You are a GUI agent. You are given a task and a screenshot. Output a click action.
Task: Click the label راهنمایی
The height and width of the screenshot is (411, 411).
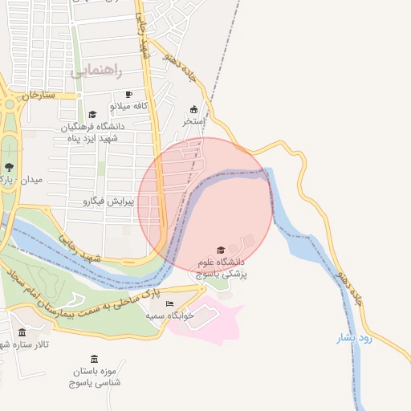pos(96,71)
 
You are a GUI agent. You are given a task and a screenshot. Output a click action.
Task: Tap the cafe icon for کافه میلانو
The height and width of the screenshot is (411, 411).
pos(128,95)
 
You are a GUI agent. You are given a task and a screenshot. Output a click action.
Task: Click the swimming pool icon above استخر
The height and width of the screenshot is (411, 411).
pos(193,109)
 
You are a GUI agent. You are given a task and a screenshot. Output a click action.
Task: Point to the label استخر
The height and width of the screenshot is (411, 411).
pos(193,121)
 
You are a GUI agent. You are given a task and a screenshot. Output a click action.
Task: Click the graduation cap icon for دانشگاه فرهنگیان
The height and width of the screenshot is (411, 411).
pos(92,115)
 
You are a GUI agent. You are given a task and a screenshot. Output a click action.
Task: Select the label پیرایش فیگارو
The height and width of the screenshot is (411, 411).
pos(108,201)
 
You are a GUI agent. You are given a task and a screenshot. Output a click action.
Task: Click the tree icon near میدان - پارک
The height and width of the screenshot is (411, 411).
pos(9,167)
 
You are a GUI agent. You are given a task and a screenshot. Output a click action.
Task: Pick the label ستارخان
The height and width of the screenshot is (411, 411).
pos(38,95)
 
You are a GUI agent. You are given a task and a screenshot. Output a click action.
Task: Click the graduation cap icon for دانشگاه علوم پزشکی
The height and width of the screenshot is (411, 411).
pos(221,250)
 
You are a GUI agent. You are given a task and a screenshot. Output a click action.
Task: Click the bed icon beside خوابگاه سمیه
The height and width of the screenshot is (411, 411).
pos(169,303)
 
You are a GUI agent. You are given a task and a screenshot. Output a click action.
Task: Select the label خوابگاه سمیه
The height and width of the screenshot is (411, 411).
pos(170,315)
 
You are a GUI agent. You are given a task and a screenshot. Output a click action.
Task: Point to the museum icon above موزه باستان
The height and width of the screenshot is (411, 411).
pos(95,358)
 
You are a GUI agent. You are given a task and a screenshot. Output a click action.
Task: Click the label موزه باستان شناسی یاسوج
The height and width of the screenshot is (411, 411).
pos(95,377)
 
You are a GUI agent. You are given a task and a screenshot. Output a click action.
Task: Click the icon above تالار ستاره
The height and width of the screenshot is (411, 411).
pos(22,332)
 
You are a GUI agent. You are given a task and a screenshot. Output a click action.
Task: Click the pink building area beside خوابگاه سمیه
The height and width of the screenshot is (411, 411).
pos(217,321)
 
